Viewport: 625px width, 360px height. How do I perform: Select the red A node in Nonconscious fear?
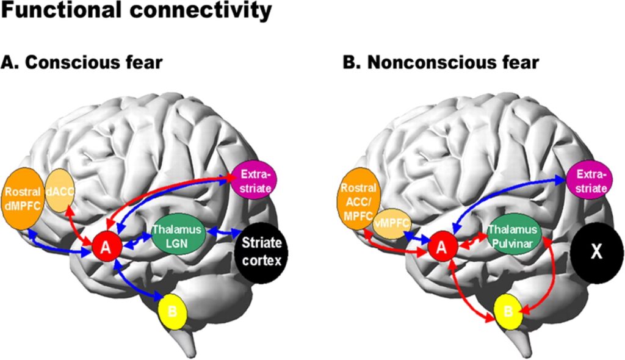(x=444, y=247)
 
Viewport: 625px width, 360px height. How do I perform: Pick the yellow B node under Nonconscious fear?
(x=508, y=311)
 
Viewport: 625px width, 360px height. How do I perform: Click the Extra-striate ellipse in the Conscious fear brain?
(x=254, y=181)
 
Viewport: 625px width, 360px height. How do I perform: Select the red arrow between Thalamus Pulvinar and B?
(x=549, y=275)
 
